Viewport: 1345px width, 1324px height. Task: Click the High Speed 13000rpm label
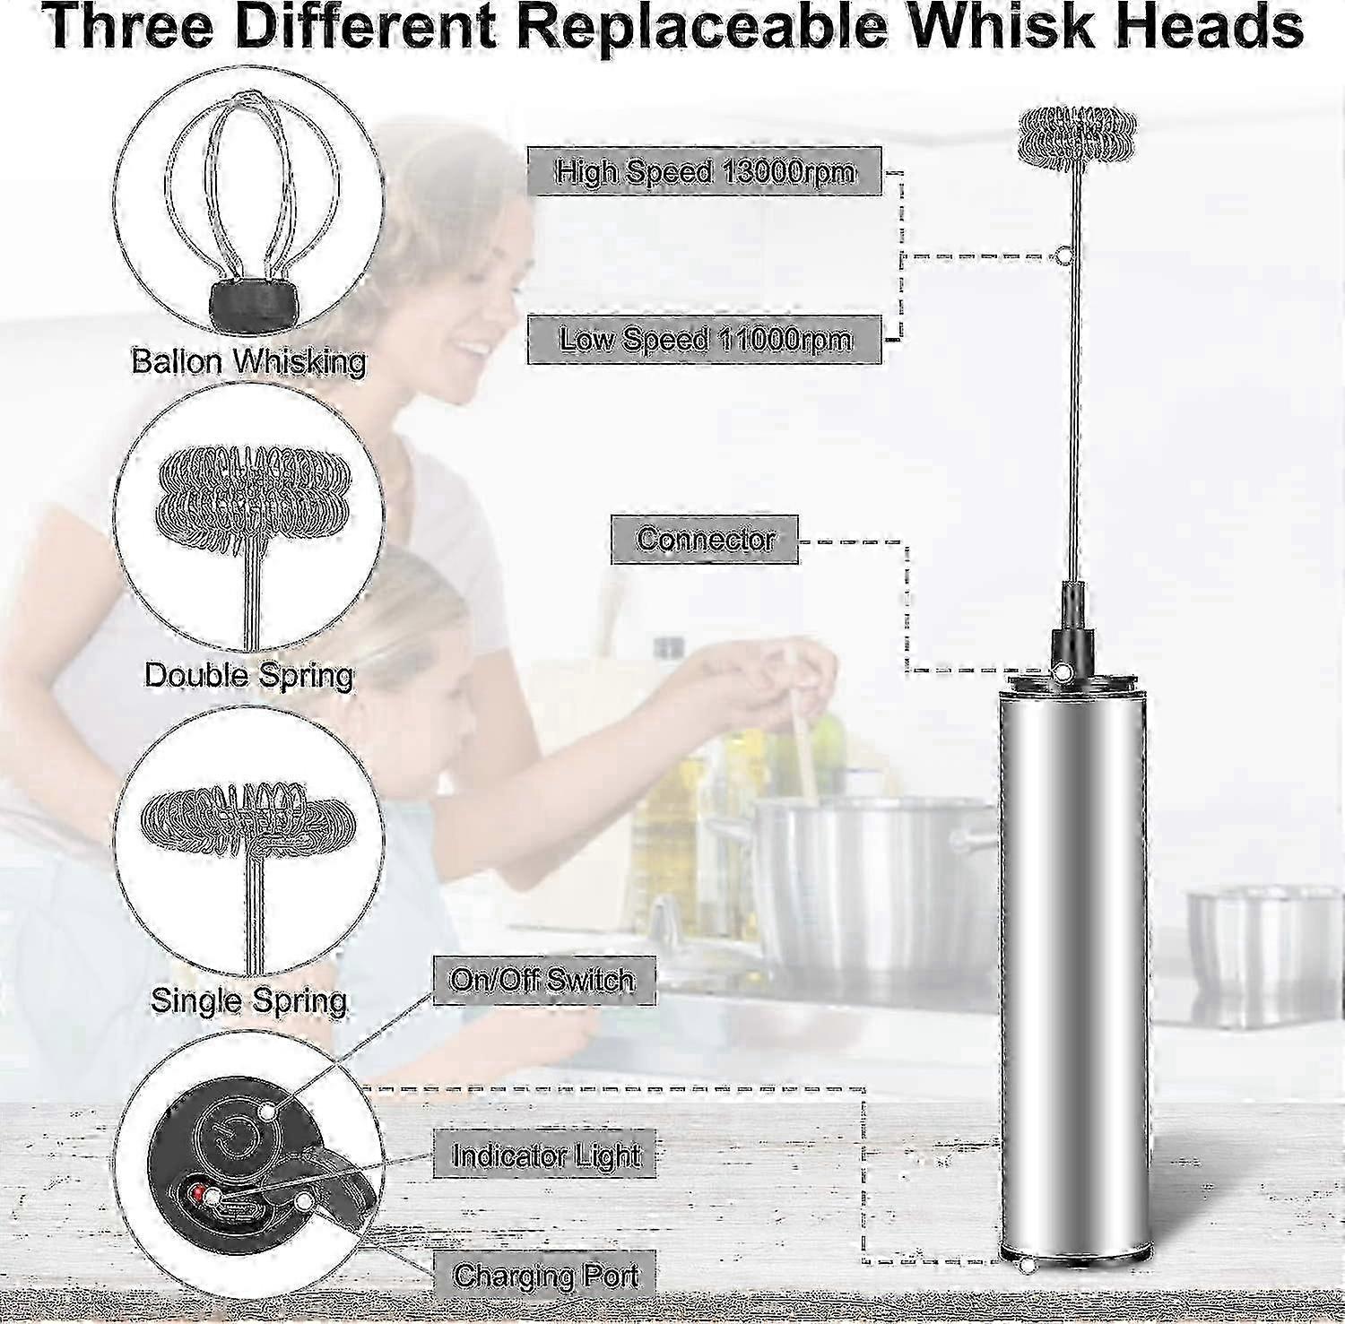pos(705,171)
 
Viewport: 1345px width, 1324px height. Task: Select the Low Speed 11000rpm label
pos(705,340)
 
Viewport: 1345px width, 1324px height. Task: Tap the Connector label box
pos(705,540)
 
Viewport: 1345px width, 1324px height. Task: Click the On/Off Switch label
pos(543,981)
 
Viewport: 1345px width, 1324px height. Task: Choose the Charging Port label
pos(546,1274)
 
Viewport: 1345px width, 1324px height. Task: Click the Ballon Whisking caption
pos(248,362)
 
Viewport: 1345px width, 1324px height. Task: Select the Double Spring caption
pos(249,674)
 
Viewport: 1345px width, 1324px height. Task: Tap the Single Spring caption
pos(248,999)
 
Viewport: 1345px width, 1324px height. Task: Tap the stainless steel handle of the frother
pos(1073,968)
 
